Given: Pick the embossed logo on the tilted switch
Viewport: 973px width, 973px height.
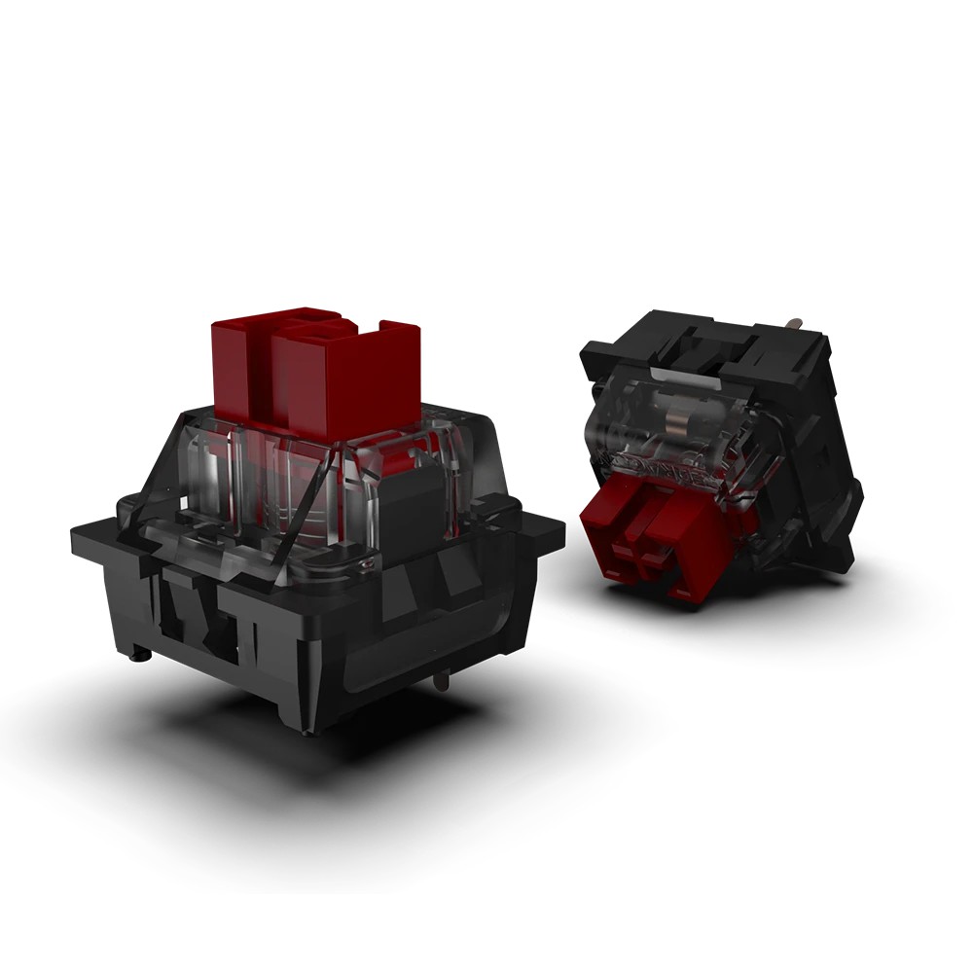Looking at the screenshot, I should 662,465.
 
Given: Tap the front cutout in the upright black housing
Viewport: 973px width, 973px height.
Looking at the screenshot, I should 195,613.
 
